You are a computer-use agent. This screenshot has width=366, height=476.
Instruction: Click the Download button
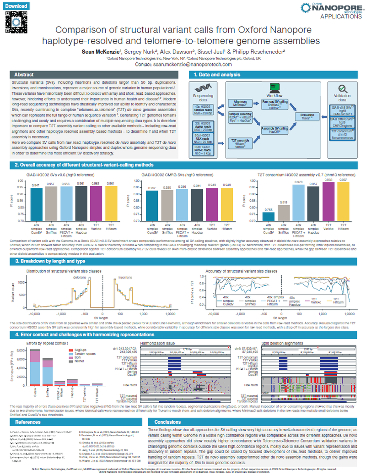pos(16,6)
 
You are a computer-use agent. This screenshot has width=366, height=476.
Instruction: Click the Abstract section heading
pos(24,75)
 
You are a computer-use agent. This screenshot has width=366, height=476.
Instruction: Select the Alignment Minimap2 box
pos(240,104)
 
